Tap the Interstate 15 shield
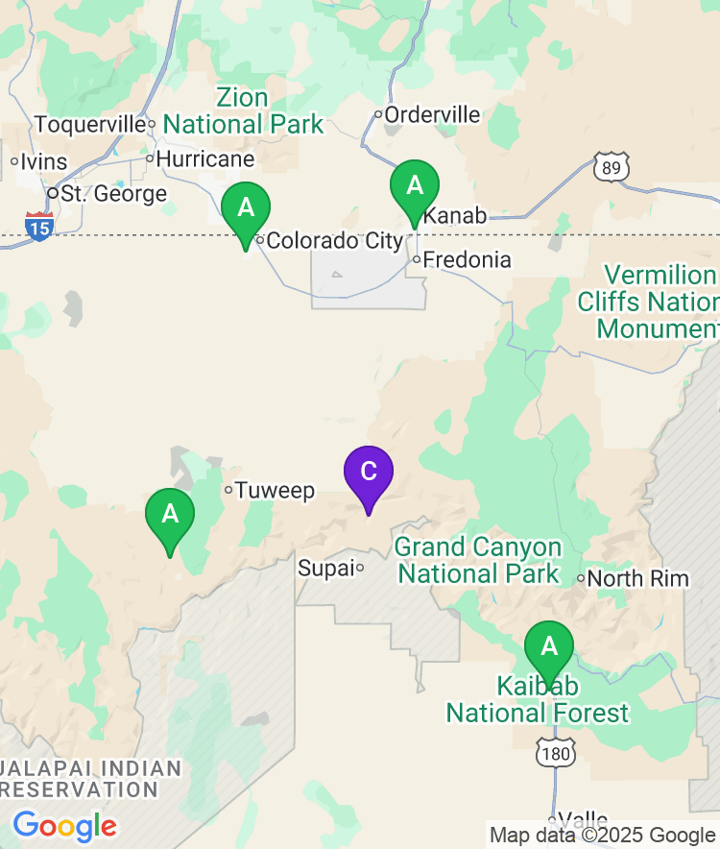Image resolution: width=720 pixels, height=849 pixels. tap(38, 227)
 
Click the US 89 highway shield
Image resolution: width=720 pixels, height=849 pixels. tap(611, 166)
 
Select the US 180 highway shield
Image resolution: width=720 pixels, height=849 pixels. tap(556, 752)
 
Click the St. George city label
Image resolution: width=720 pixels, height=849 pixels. tap(113, 194)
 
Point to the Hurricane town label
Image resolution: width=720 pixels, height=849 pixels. tap(205, 158)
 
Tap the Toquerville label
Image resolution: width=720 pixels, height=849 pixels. tap(89, 125)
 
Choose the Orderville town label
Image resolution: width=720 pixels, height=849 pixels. tap(433, 115)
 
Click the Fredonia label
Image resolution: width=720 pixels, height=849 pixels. tap(468, 260)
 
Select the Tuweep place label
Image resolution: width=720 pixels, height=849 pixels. tap(275, 491)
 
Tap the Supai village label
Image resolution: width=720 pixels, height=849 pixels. tap(325, 568)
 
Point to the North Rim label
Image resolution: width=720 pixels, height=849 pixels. tap(637, 578)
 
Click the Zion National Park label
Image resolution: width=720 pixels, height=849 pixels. tap(243, 111)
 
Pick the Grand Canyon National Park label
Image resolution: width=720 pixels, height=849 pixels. tap(478, 561)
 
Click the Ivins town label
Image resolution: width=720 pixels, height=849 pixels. tap(44, 160)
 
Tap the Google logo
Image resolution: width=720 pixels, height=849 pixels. tap(64, 825)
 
